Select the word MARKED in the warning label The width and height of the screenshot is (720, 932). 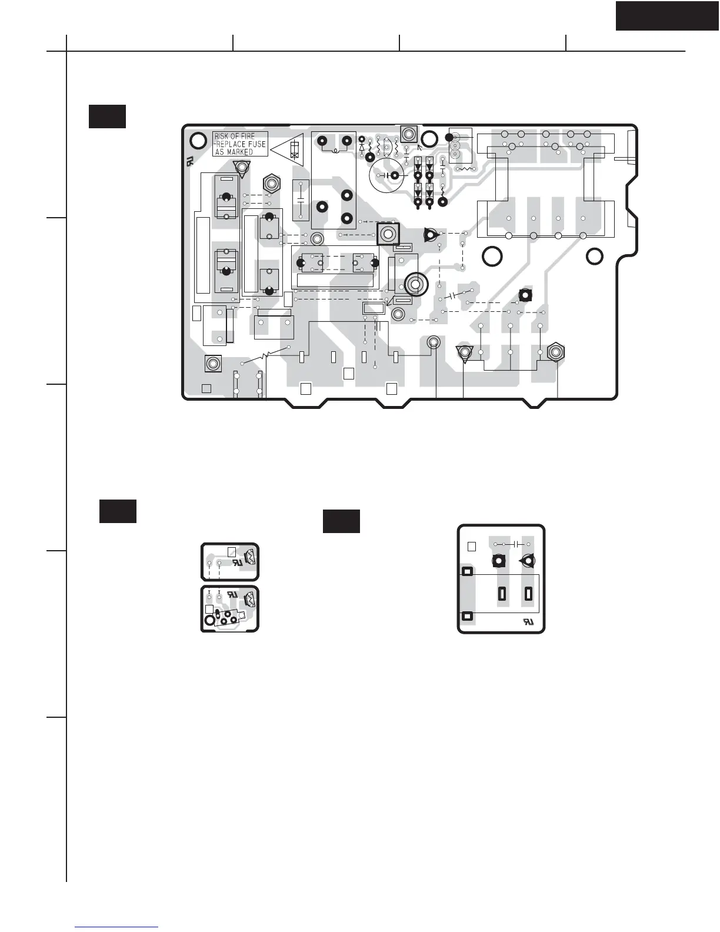[241, 152]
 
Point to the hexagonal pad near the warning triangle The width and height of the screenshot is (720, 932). [271, 183]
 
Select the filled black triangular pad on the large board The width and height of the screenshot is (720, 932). [431, 235]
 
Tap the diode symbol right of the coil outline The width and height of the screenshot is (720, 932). [362, 145]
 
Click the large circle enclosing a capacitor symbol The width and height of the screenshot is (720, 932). [386, 175]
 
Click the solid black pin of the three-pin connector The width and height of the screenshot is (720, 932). [450, 137]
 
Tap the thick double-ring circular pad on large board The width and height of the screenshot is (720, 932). [415, 284]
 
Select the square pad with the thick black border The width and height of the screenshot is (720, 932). [388, 234]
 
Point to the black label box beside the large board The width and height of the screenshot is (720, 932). [107, 116]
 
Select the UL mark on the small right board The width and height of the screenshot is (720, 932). [528, 621]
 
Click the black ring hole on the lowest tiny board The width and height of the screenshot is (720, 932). [209, 620]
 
